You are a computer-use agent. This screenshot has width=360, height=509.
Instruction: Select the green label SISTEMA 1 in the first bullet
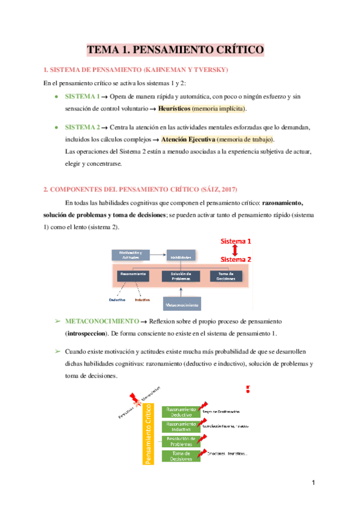point(82,96)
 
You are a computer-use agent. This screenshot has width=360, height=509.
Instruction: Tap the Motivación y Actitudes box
point(130,255)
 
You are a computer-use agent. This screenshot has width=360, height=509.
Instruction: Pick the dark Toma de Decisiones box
point(226,276)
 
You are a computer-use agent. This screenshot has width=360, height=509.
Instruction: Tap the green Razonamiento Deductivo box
point(182,411)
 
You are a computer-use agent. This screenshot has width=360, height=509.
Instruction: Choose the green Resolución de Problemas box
point(182,442)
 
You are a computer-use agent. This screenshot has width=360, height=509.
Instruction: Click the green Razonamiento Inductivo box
point(182,427)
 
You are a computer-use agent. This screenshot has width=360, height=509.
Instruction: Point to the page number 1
point(313,483)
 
